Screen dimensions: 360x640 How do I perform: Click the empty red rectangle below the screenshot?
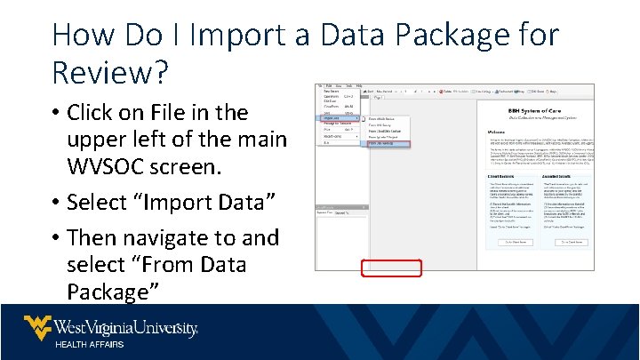point(391,268)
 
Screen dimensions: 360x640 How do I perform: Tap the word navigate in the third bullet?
point(176,238)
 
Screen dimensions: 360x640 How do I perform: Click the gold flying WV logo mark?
point(37,327)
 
